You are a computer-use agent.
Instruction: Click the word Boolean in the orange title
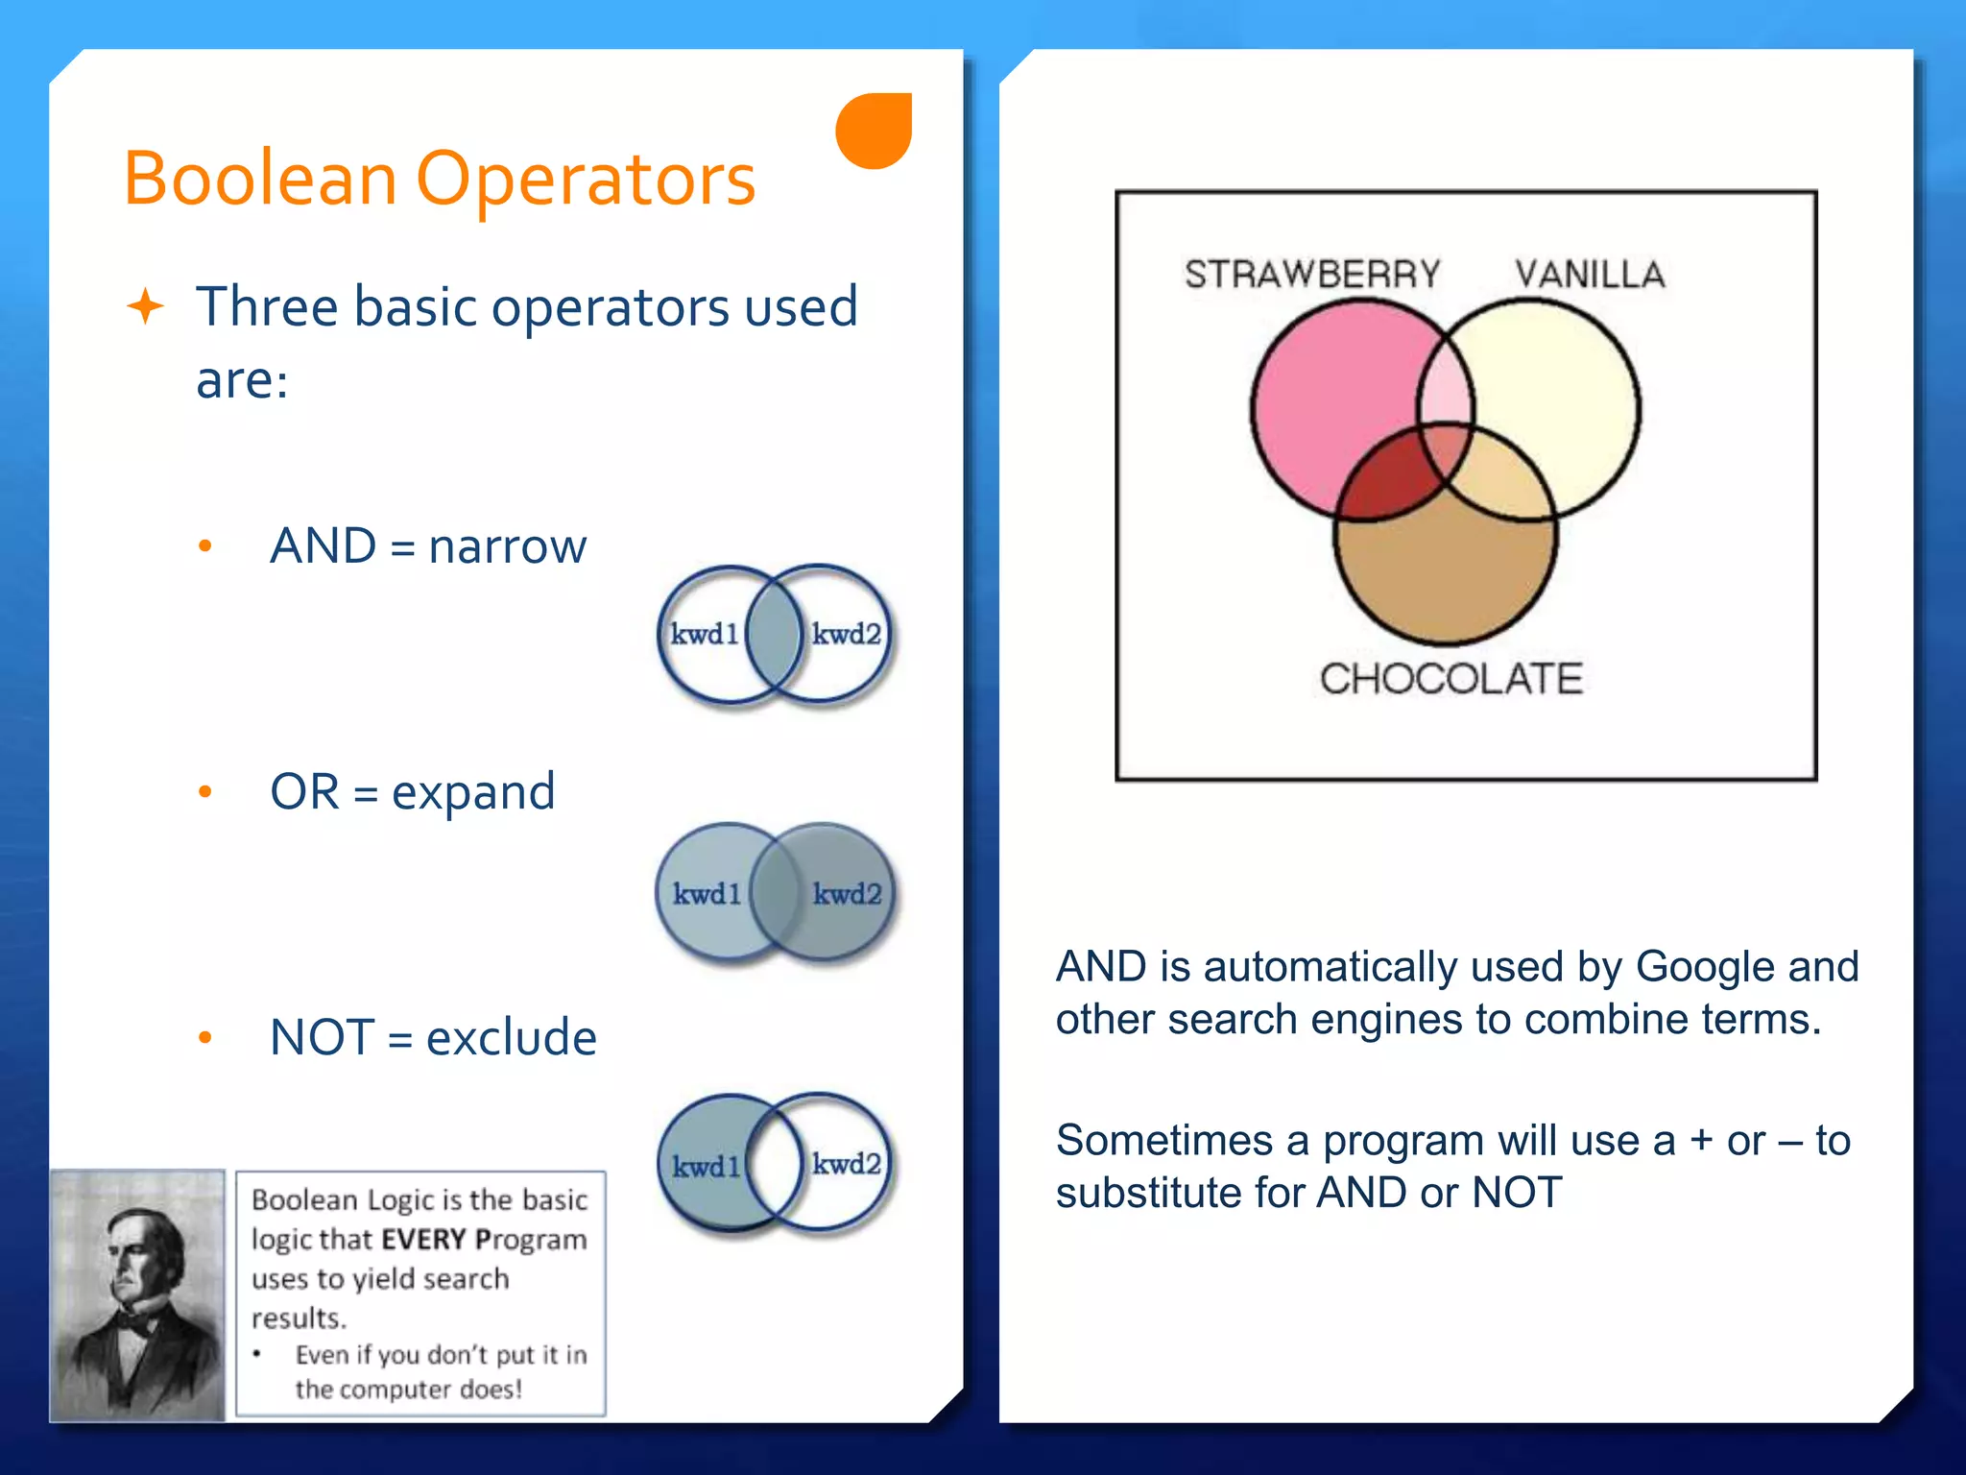point(259,180)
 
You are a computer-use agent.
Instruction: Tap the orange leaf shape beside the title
point(875,131)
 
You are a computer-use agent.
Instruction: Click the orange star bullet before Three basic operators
point(146,307)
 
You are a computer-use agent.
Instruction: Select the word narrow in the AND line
point(507,547)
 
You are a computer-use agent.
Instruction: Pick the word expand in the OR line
point(472,793)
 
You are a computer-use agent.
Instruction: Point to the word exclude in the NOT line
point(511,1038)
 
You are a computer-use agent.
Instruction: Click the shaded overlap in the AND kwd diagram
point(774,634)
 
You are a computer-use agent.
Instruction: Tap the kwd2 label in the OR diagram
point(847,894)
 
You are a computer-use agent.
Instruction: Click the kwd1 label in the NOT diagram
point(706,1167)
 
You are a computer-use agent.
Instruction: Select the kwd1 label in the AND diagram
point(704,634)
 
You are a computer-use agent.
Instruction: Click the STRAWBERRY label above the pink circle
point(1311,275)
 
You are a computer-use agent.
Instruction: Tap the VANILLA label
point(1590,275)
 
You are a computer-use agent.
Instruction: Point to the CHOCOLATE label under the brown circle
point(1451,679)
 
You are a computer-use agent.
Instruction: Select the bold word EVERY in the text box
point(423,1240)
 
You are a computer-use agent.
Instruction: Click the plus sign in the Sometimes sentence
point(1701,1141)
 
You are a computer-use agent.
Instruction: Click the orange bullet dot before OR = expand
point(204,792)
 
